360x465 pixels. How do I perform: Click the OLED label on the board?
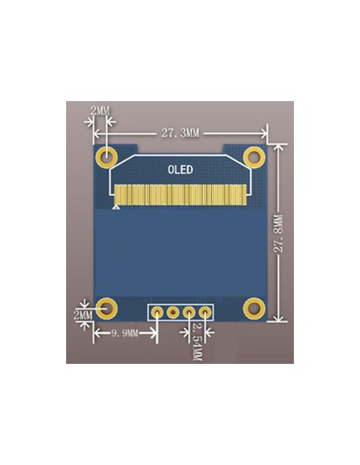[180, 169]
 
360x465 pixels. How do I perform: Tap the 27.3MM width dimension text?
[180, 133]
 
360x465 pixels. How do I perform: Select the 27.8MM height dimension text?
[278, 233]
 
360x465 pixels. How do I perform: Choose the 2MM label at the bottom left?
[83, 316]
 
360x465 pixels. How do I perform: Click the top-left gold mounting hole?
[106, 155]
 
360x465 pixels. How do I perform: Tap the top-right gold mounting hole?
[254, 155]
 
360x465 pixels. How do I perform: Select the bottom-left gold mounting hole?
[106, 307]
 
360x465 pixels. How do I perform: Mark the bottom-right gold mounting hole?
[254, 307]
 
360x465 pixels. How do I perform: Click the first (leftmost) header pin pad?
[156, 312]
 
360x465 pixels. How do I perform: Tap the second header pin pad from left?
[173, 312]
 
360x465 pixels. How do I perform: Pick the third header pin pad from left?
[190, 312]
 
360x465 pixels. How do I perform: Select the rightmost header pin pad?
[205, 312]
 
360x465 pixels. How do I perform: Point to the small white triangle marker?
[118, 207]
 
